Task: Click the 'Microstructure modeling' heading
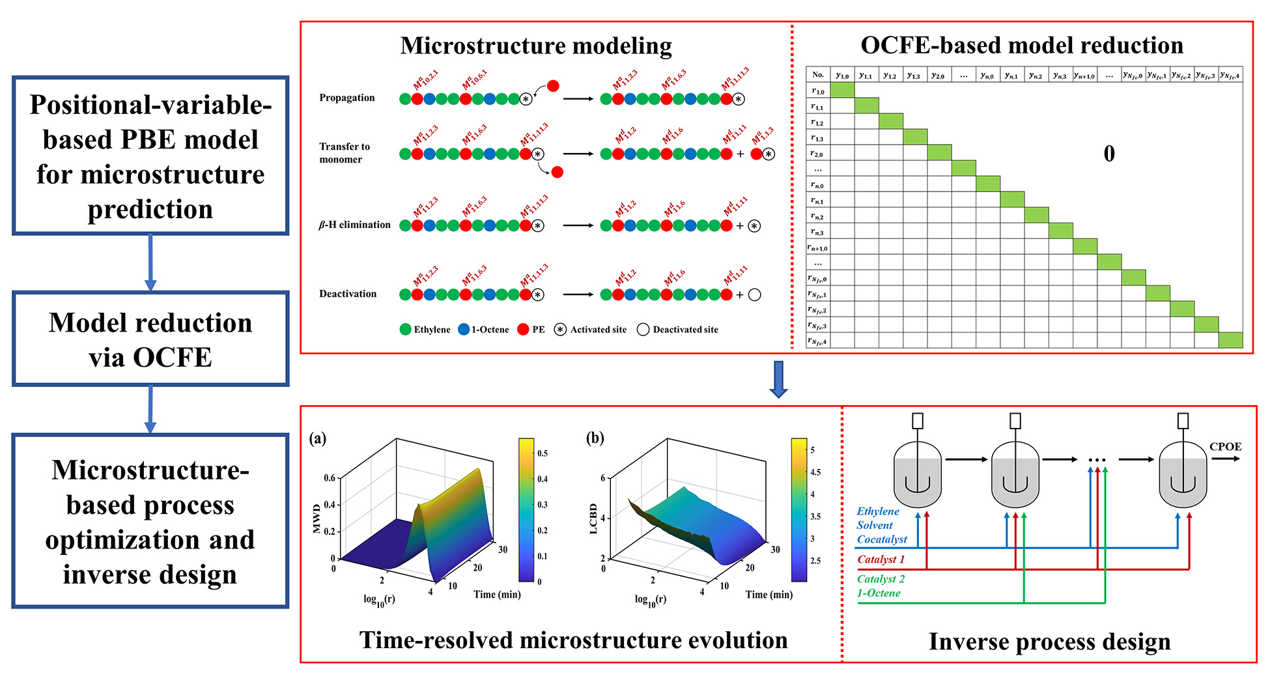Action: point(536,46)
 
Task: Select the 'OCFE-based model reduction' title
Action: point(1022,45)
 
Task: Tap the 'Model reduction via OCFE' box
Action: point(150,339)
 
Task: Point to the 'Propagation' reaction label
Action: point(347,98)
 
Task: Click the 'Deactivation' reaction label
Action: point(348,294)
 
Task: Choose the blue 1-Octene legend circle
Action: point(464,330)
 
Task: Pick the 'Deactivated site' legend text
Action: point(685,330)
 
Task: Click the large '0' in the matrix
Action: point(1109,154)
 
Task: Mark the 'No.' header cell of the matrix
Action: point(818,74)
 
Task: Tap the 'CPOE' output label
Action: point(1225,447)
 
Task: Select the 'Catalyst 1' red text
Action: point(881,560)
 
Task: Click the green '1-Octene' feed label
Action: point(879,593)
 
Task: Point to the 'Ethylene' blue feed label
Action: point(877,511)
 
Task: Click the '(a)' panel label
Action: point(318,438)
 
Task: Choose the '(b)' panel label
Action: point(595,438)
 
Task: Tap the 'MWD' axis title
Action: point(317,519)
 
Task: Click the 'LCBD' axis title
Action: point(593,519)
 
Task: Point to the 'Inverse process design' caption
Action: point(1049,642)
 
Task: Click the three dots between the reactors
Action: point(1097,460)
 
